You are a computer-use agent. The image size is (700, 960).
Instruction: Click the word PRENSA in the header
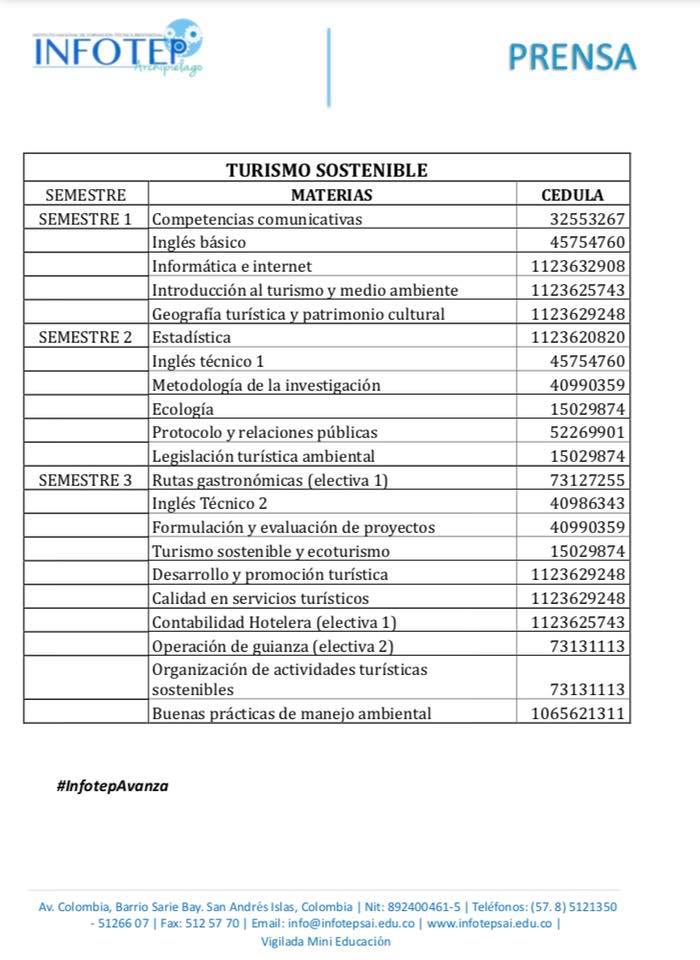click(571, 57)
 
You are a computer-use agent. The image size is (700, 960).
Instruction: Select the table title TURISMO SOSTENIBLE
click(326, 170)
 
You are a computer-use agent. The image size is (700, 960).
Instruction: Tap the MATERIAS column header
click(331, 195)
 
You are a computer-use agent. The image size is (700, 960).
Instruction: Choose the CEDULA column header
click(572, 195)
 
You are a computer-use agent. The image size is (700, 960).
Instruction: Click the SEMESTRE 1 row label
click(85, 219)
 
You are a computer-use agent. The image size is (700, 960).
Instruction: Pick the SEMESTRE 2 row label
click(85, 337)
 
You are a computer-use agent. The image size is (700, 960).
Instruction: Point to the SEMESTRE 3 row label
click(85, 480)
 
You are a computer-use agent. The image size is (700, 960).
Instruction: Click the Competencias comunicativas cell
click(257, 219)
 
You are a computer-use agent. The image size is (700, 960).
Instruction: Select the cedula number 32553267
click(587, 219)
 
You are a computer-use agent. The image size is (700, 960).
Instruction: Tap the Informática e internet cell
click(232, 266)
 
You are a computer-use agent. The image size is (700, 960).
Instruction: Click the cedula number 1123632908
click(578, 266)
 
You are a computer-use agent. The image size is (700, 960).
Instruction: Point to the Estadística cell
click(191, 337)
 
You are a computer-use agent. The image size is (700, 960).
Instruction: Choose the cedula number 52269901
click(587, 432)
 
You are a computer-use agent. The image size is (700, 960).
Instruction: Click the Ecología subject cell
click(183, 409)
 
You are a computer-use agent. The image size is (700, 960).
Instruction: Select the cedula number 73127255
click(587, 480)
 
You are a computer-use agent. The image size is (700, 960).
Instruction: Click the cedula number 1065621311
click(578, 714)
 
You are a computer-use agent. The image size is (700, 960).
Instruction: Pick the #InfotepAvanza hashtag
click(113, 786)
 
